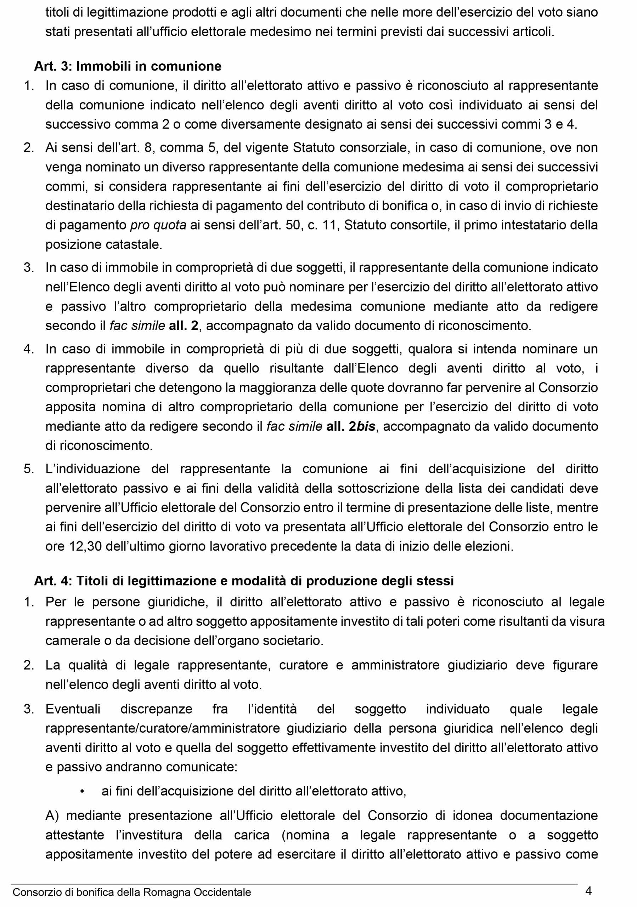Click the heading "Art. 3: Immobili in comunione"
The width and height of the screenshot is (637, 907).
[x=128, y=66]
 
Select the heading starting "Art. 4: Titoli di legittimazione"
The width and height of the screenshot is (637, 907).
[x=244, y=581]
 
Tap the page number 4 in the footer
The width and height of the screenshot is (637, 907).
[x=588, y=891]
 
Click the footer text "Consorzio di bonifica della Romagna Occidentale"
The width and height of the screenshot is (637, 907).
[x=132, y=892]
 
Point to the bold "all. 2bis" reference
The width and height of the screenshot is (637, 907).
[x=351, y=426]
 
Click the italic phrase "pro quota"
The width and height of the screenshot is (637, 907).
[x=158, y=225]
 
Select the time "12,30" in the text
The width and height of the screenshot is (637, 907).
[x=86, y=546]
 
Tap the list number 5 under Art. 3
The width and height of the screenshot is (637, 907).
[x=28, y=469]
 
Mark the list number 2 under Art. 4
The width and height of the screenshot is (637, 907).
[x=28, y=665]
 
